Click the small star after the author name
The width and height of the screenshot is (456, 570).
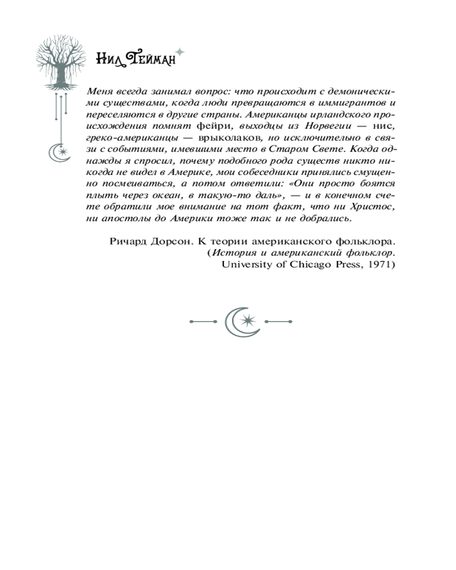click(x=180, y=52)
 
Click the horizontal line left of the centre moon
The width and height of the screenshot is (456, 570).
click(x=202, y=322)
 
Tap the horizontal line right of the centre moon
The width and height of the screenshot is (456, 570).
click(x=279, y=322)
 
